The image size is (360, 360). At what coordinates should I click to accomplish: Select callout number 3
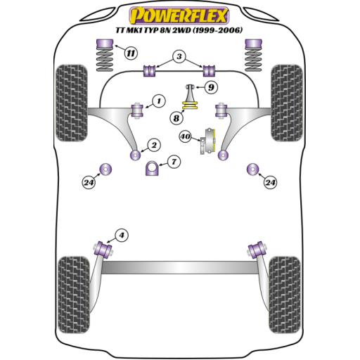tap(179, 56)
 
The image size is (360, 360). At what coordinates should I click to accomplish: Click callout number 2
tap(152, 146)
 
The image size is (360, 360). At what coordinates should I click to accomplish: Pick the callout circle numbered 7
tap(174, 162)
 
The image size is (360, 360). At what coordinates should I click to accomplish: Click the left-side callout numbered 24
tap(88, 184)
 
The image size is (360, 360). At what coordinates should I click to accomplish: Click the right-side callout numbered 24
tap(270, 184)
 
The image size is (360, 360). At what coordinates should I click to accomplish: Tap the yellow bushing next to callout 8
tap(188, 107)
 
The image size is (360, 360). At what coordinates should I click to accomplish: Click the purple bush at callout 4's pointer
tap(108, 247)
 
